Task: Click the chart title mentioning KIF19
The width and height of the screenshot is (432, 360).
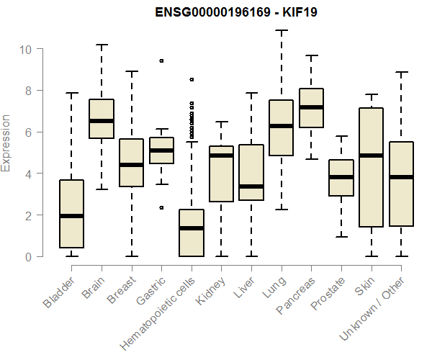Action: point(236,12)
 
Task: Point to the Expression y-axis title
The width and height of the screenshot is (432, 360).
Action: point(6,143)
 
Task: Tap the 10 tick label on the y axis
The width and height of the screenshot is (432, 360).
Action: point(25,49)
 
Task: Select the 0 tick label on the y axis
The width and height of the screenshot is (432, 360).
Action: point(29,256)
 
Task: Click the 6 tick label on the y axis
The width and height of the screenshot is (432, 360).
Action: point(29,132)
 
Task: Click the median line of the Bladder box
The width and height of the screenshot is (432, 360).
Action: point(72,215)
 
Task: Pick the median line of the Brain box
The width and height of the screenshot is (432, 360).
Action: point(102,121)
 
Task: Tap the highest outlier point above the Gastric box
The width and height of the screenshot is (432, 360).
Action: point(161,61)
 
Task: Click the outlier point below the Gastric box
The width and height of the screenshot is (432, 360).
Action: point(161,207)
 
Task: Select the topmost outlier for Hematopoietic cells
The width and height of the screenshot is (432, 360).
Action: point(191,79)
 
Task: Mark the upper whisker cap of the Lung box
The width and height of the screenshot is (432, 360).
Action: point(281,31)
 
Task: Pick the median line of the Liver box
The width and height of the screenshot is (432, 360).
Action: point(251,186)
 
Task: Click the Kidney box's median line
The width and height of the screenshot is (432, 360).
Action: point(221,155)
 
